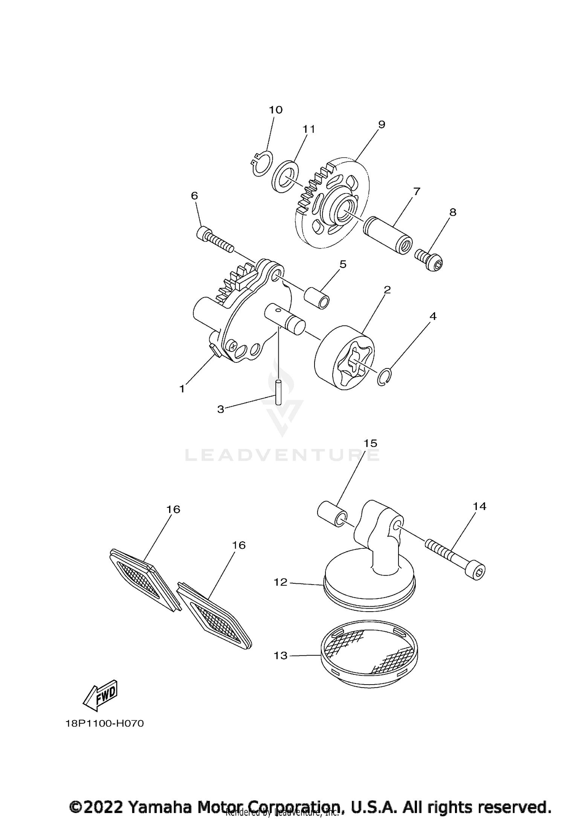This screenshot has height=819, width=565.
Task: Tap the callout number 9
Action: click(x=381, y=125)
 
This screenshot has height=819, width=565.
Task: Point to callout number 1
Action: click(x=182, y=389)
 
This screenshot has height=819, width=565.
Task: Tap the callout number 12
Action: click(x=281, y=582)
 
